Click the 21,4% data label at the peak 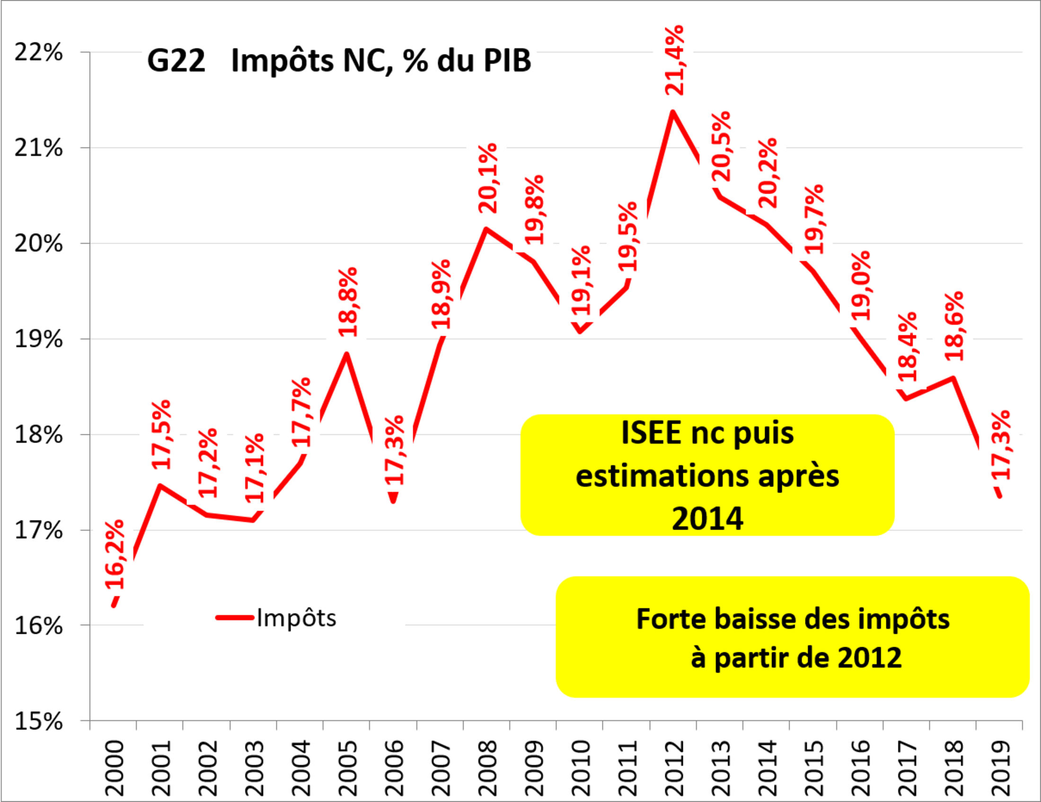pos(674,61)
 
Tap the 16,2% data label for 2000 pos(115,555)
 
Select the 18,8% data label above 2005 pos(348,303)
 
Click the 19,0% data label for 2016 pos(861,286)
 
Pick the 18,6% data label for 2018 pos(954,326)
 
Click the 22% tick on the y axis pos(38,52)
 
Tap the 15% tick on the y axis pos(38,721)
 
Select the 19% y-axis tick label pos(38,339)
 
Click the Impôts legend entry pos(296,618)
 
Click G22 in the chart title pos(176,61)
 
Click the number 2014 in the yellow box pos(707,519)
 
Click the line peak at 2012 pos(672,112)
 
